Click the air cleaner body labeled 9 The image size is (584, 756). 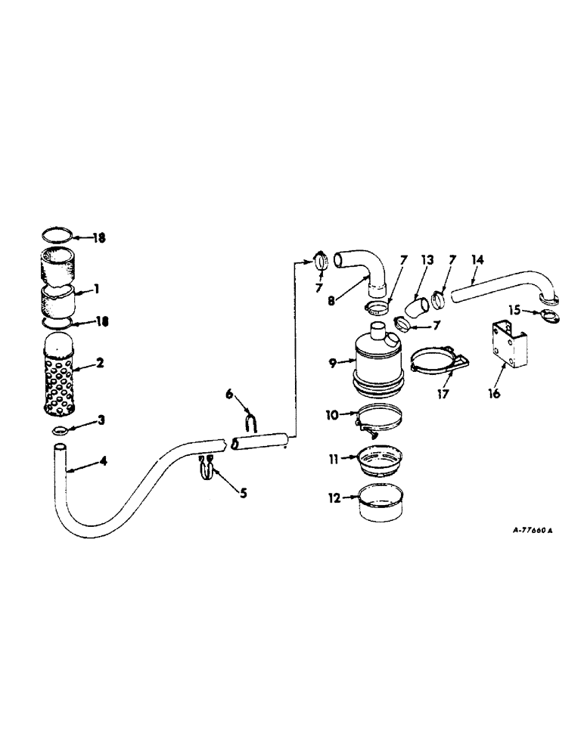click(x=376, y=363)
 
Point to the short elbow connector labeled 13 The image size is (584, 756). click(x=415, y=308)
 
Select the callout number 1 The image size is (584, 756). click(x=95, y=290)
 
